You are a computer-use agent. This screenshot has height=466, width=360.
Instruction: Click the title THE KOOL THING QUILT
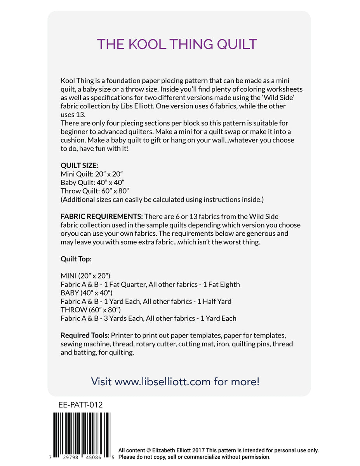177,44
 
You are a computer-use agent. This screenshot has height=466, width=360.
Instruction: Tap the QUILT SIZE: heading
79,165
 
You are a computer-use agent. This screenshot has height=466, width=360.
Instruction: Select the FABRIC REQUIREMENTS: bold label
102,216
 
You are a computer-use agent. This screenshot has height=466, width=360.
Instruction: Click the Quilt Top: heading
76,259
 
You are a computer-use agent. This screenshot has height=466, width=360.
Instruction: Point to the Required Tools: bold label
85,335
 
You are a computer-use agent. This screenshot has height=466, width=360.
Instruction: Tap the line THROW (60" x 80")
91,310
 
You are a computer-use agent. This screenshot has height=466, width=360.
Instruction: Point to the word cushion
73,140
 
